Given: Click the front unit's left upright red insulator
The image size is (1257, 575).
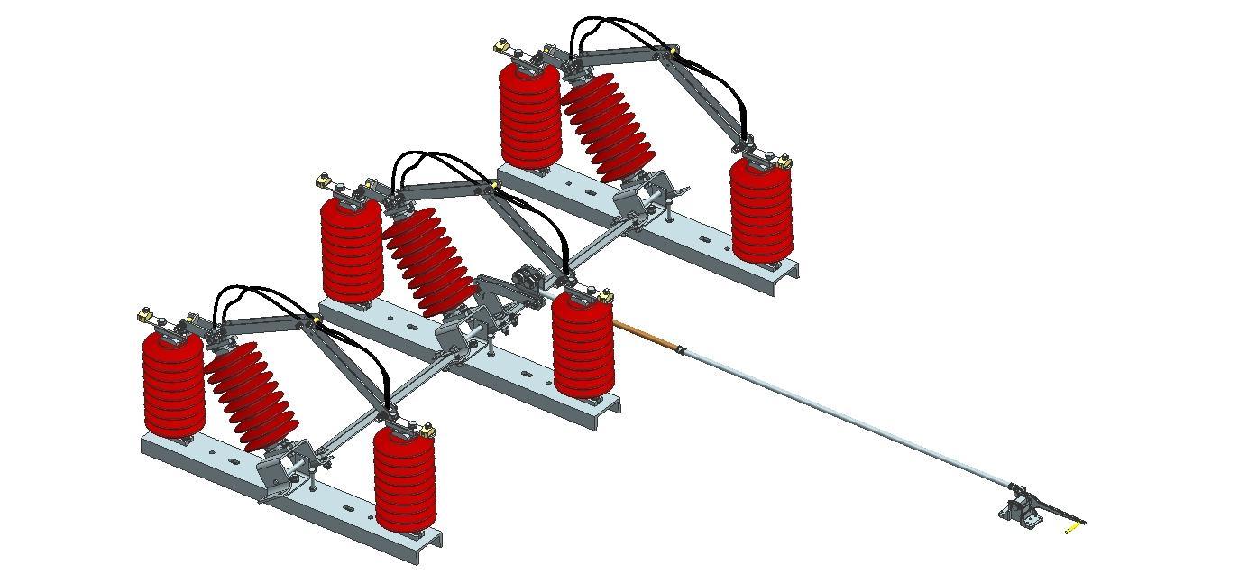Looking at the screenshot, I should (173, 384).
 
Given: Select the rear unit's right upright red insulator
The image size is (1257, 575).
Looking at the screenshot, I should (760, 210).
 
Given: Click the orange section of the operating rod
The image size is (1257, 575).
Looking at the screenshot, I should (644, 332).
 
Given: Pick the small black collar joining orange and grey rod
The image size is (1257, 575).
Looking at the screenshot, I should (682, 350).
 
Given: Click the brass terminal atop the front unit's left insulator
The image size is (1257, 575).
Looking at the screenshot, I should (144, 315).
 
